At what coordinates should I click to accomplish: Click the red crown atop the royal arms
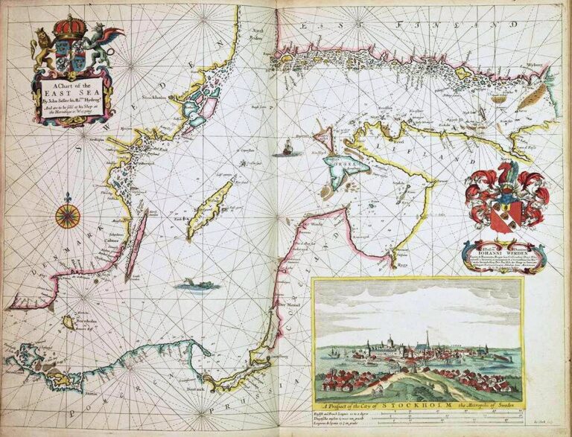(x=71, y=28)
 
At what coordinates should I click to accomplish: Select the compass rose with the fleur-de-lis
(x=68, y=215)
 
